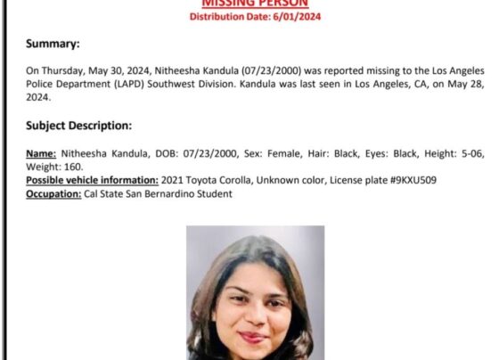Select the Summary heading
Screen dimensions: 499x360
(53, 44)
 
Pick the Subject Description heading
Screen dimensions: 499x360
(78, 126)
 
